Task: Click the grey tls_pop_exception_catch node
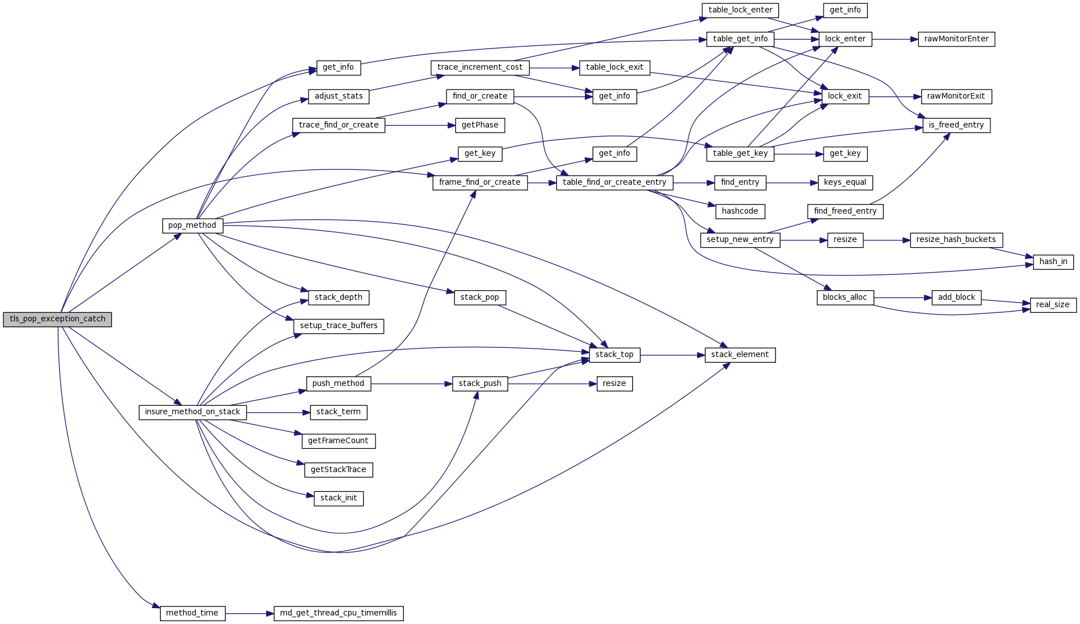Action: (x=57, y=319)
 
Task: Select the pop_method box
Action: (x=192, y=226)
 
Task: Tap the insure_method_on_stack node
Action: (x=192, y=412)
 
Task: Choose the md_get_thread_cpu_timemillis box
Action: (x=339, y=613)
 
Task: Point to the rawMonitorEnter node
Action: (x=956, y=39)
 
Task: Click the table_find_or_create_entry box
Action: (x=614, y=182)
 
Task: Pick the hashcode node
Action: (x=740, y=211)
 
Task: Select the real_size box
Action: (x=1053, y=305)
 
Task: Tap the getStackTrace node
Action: (x=339, y=470)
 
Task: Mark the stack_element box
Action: (x=740, y=355)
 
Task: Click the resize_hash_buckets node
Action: (x=956, y=240)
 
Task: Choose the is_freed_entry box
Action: (x=956, y=125)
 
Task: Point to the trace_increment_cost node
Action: (x=480, y=67)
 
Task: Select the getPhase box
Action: (x=480, y=125)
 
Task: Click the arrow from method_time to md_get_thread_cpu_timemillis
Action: (x=250, y=613)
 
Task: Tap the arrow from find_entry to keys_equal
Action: (x=792, y=182)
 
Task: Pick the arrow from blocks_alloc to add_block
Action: (x=902, y=298)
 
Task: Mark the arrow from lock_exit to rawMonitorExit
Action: (x=895, y=97)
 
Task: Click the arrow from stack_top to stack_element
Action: (x=672, y=355)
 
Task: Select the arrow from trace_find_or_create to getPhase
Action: (x=420, y=125)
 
